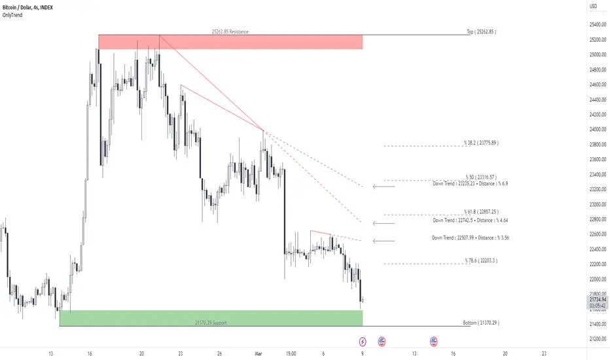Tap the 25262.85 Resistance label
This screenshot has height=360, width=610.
click(x=230, y=31)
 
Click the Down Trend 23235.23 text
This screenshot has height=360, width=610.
click(x=470, y=184)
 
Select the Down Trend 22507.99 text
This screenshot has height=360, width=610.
click(x=470, y=238)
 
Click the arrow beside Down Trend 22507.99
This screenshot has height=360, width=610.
click(x=384, y=241)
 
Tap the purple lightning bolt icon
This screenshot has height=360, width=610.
click(x=363, y=341)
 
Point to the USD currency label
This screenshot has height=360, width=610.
click(x=594, y=7)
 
